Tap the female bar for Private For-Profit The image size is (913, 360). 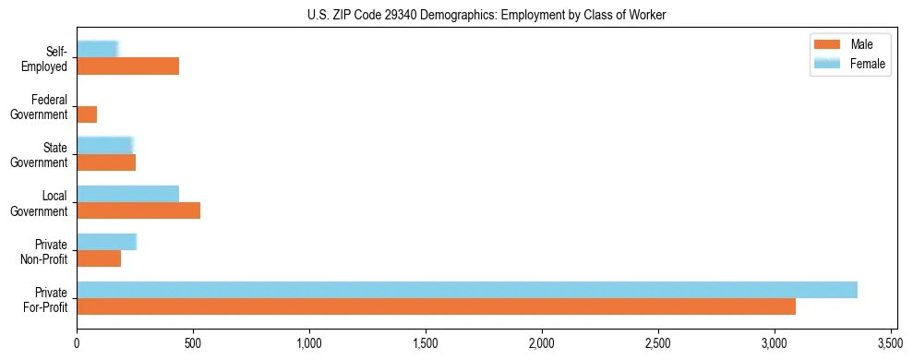(x=467, y=289)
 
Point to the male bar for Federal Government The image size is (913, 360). (x=87, y=114)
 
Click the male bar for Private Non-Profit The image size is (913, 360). (x=99, y=258)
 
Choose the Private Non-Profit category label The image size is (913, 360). (x=45, y=251)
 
